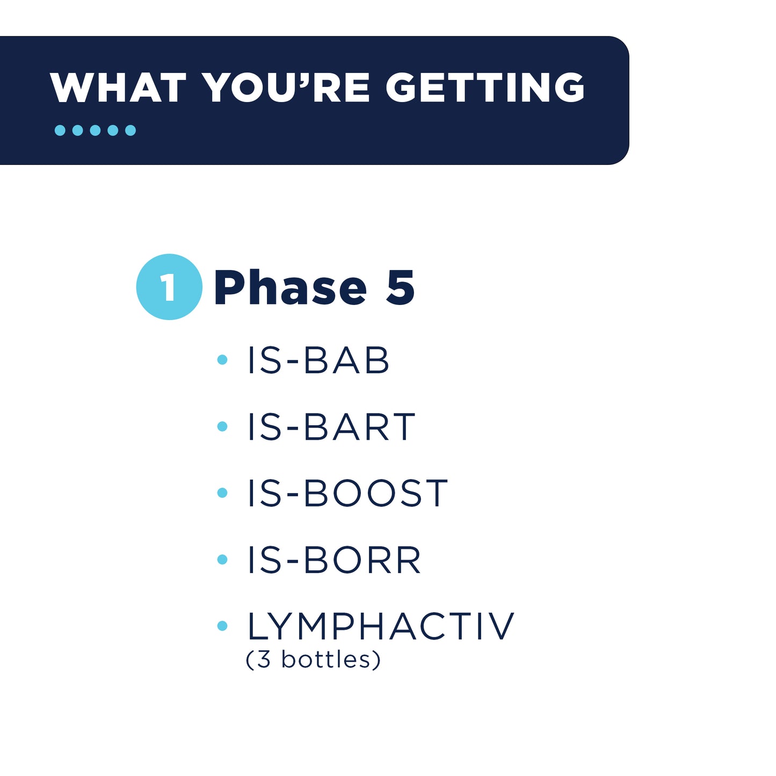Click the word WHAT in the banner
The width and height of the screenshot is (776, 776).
118,88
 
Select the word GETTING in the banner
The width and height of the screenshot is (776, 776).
485,88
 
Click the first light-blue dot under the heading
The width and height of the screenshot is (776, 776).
60,130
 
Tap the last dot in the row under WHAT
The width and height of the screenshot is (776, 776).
130,130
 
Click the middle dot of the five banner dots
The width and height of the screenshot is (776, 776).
95,130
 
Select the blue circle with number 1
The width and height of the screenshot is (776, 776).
169,287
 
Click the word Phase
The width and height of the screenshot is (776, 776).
290,288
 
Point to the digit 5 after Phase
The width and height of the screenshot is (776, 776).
401,288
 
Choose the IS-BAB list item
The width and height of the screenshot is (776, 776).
318,360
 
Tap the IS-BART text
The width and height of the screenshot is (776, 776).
331,427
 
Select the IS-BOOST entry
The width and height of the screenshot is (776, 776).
347,494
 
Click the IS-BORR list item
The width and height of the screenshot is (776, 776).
334,560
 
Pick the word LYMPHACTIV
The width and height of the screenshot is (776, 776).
380,626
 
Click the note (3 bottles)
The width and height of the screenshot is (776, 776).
313,659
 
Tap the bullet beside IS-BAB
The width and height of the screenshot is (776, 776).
222,360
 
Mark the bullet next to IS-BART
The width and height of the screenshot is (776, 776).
222,426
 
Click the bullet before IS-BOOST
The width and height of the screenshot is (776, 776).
222,493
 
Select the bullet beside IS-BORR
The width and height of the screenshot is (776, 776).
222,560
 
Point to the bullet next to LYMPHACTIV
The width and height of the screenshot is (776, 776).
222,626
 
